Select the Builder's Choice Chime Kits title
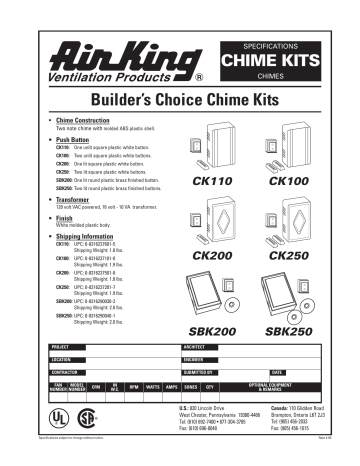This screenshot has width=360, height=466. [179, 100]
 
